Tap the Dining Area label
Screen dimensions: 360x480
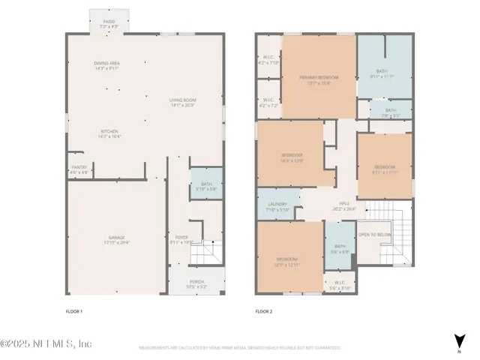[x=108, y=65]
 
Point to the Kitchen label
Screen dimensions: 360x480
[x=109, y=133]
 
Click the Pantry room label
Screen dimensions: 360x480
[x=79, y=169]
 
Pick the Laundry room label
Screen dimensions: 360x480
[x=278, y=206]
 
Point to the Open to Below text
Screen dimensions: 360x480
[x=374, y=235]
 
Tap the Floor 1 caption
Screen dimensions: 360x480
[x=74, y=310]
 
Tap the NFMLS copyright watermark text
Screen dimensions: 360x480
[x=46, y=343]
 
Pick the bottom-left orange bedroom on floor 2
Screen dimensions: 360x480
[x=289, y=260]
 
